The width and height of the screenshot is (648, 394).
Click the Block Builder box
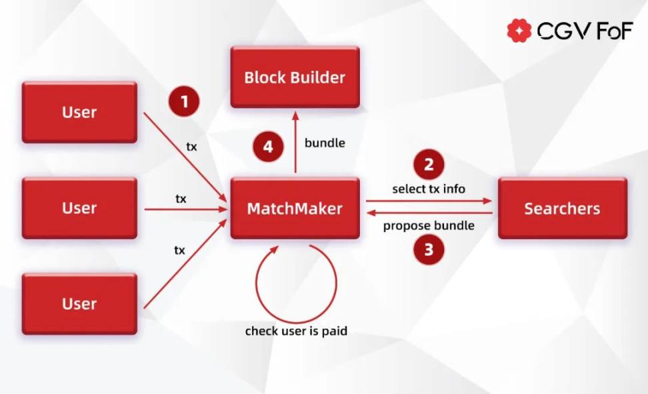pos(295,77)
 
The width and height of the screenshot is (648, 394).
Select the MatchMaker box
pos(295,208)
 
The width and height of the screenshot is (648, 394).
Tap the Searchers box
pos(562,208)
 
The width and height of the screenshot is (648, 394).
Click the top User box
pos(79,112)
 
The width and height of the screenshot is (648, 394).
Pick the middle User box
pos(79,208)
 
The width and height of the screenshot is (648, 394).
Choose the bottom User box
pos(79,303)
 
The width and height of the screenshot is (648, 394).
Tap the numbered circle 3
pos(429,250)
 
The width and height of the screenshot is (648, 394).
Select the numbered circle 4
pos(268,147)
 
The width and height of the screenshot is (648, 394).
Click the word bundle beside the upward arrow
pos(325,143)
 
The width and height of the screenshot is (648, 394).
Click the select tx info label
pos(429,189)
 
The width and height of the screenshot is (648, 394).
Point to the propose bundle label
pos(429,225)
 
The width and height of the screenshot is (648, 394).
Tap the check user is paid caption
pos(296,331)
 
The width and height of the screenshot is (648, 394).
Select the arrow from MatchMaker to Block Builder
pos(295,143)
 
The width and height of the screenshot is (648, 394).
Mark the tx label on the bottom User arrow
pos(179,250)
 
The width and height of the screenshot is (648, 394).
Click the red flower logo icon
pos(519,30)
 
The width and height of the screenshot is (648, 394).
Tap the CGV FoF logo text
pos(584,31)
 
